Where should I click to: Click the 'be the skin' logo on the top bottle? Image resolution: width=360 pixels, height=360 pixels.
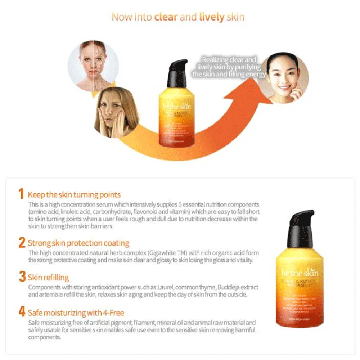177,107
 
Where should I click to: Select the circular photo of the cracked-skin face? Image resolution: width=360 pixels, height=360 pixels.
93,65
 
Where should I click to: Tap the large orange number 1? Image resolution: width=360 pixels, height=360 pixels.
22,195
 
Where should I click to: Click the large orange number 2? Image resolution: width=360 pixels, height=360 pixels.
22,243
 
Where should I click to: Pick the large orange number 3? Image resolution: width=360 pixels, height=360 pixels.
22,277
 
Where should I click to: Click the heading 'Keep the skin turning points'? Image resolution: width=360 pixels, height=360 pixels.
74,195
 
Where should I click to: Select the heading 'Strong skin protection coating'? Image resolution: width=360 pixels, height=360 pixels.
78,243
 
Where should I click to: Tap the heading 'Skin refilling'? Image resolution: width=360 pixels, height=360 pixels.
49,278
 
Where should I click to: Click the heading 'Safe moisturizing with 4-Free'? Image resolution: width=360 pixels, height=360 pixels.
76,312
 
